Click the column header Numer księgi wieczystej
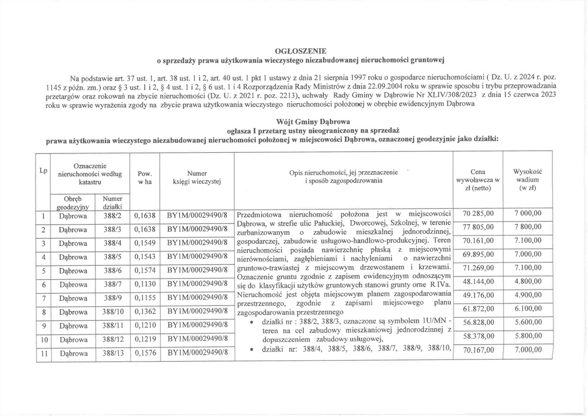[x=197, y=177]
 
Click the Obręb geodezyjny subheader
[x=73, y=203]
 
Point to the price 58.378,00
[x=477, y=338]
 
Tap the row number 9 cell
[x=43, y=325]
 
